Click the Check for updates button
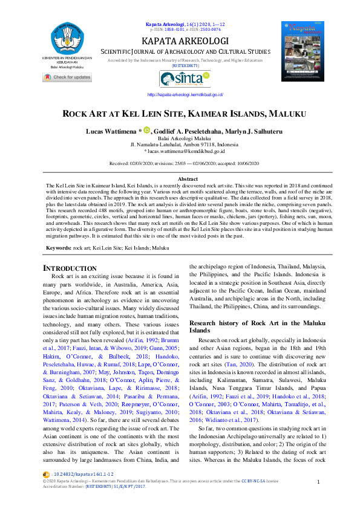67,77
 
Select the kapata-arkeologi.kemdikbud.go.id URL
185,95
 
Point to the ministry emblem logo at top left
67,36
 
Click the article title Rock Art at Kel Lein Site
180,114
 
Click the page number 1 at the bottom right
318,481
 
